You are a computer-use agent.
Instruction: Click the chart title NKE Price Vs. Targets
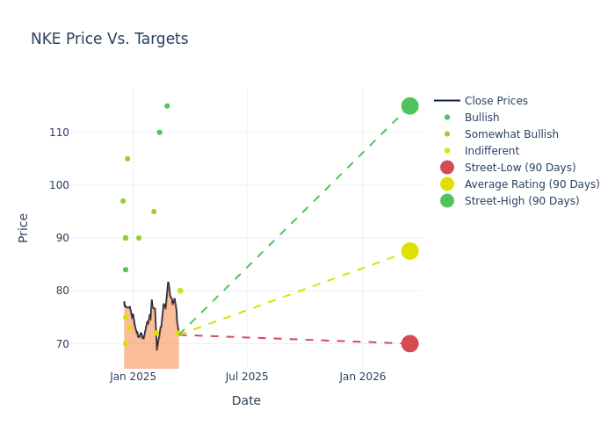[x=109, y=39]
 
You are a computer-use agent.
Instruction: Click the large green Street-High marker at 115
[x=409, y=106]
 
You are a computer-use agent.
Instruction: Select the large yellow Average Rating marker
[x=409, y=251]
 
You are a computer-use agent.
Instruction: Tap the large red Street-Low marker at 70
[x=409, y=343]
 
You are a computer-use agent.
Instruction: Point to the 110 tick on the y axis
[x=83, y=133]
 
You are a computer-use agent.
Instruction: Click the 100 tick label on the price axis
[x=83, y=185]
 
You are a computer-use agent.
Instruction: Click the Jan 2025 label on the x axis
[x=134, y=377]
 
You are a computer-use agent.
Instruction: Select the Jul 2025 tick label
[x=247, y=377]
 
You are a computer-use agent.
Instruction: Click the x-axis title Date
[x=246, y=400]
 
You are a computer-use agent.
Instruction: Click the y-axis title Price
[x=24, y=227]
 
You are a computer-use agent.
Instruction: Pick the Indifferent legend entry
[x=491, y=151]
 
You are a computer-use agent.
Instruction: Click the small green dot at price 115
[x=167, y=106]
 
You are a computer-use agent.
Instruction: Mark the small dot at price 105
[x=127, y=159]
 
